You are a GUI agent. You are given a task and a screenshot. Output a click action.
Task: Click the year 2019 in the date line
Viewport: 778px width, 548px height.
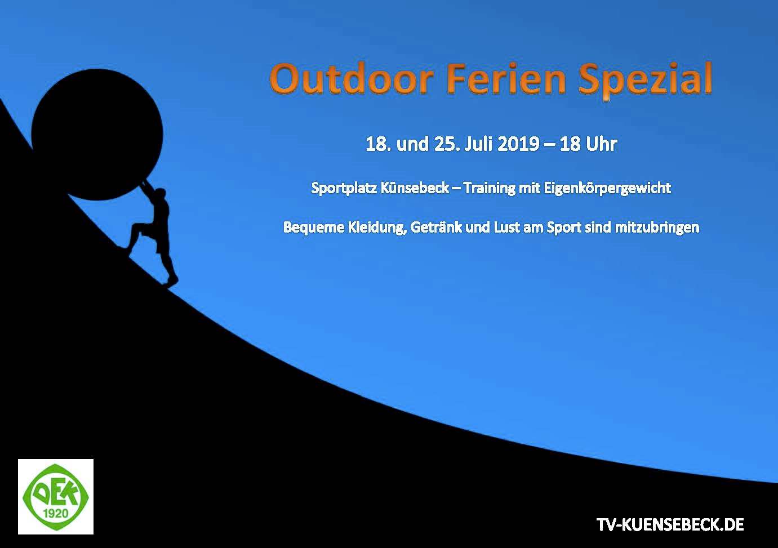[x=518, y=144]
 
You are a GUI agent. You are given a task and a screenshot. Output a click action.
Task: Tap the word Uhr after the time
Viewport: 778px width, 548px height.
[x=601, y=144]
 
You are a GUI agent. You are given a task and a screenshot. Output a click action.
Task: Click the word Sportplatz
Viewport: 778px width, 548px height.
[x=344, y=189]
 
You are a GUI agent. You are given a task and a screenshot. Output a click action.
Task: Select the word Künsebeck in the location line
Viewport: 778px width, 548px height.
[x=415, y=188]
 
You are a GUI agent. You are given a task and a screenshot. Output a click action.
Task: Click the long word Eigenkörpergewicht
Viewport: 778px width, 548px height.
[x=607, y=189]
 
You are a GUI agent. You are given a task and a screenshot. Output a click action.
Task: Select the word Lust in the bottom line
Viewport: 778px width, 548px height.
[x=506, y=227]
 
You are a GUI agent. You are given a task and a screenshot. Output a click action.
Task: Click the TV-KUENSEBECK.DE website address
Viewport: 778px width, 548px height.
[x=670, y=524]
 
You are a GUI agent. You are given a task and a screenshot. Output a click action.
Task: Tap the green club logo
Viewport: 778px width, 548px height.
[x=56, y=497]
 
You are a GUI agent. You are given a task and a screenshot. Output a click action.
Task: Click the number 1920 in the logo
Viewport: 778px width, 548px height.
[x=55, y=513]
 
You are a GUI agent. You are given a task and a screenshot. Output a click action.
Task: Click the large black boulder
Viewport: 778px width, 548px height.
[x=97, y=135]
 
